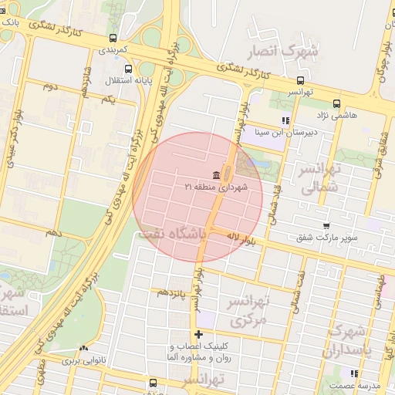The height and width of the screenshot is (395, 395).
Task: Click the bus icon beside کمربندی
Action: pyautogui.click(x=113, y=38)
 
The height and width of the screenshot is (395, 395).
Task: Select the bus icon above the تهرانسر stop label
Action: pyautogui.click(x=300, y=79)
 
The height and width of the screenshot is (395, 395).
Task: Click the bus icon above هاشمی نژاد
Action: pyautogui.click(x=336, y=103)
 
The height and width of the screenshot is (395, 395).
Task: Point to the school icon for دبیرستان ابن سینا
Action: pyautogui.click(x=285, y=120)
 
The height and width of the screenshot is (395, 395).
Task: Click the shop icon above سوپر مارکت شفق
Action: pyautogui.click(x=326, y=226)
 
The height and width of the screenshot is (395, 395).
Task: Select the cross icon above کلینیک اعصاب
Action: pyautogui.click(x=199, y=335)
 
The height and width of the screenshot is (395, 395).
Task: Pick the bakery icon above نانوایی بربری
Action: pyautogui.click(x=83, y=349)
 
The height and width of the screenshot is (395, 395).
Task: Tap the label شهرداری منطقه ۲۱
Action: pyautogui.click(x=212, y=187)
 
